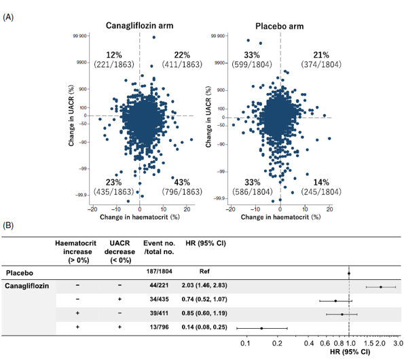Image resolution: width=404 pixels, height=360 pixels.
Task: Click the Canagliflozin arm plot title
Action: [139, 26]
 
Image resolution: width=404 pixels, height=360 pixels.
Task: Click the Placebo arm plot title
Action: [279, 26]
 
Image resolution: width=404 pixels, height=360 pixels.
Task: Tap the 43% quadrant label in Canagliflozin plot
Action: [182, 183]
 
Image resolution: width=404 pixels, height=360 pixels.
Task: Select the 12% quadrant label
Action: [114, 55]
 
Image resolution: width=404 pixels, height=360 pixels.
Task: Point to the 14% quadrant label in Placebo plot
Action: [321, 183]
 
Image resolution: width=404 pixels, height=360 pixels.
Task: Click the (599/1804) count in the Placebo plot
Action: [252, 64]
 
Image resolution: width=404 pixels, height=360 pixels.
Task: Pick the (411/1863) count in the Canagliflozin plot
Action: [182, 64]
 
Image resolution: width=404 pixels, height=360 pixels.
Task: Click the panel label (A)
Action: [8, 17]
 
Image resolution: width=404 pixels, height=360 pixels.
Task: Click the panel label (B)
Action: [8, 226]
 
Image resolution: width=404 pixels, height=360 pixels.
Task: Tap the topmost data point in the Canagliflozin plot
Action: [154, 37]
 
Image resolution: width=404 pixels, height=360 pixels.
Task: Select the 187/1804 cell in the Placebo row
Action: [160, 271]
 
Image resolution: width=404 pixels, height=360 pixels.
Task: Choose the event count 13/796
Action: [160, 327]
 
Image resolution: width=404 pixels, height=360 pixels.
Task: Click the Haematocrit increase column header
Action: [76, 251]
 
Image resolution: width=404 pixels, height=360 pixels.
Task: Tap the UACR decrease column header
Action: [120, 251]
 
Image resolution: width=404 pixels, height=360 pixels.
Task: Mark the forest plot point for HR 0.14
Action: [261, 328]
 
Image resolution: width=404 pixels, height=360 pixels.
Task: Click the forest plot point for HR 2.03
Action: [380, 287]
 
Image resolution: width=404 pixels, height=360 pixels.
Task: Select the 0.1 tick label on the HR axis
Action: [245, 343]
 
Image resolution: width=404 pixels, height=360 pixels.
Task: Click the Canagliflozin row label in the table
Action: [26, 286]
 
